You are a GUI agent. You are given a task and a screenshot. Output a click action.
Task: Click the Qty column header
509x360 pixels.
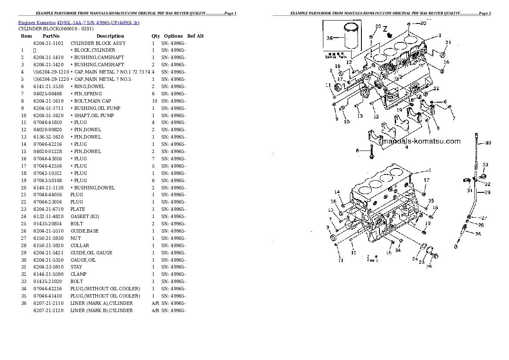coord(156,36)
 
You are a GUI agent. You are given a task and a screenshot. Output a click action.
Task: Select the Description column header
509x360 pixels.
coord(110,36)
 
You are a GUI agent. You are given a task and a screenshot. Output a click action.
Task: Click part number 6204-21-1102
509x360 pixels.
coord(48,43)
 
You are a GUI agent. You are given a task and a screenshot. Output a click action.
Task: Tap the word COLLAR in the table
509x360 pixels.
coord(80,245)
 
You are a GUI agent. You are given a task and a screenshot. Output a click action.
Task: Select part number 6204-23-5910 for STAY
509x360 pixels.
coord(48,267)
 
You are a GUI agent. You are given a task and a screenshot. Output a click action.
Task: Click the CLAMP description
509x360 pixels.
coord(79,274)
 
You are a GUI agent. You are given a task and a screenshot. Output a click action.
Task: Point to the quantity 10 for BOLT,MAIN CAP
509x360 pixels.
coord(154,101)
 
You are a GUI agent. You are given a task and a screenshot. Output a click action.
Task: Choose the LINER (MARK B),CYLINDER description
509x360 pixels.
coord(101,310)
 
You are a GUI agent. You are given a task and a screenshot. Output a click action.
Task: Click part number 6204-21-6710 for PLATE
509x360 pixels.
coord(48,209)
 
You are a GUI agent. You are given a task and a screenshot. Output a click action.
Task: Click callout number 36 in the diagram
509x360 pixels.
coord(329,38)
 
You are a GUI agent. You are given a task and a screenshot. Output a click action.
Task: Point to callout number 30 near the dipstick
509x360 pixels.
coord(488,142)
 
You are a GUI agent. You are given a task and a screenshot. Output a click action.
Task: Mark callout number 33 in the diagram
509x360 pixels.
coord(485,165)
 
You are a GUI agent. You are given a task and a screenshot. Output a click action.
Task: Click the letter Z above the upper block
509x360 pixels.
coord(385,29)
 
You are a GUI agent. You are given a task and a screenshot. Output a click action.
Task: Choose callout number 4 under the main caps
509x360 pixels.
coord(406,147)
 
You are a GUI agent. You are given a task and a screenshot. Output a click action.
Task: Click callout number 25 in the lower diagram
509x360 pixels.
coord(429,266)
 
